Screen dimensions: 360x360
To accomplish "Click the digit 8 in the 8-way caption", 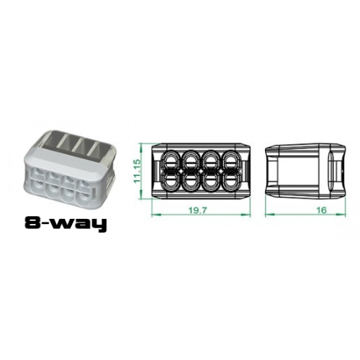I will [33, 224].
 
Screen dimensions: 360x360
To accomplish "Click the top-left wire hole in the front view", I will [174, 159].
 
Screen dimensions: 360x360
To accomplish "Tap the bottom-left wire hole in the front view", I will [174, 179].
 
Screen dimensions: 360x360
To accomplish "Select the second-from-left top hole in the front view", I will [192, 159].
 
